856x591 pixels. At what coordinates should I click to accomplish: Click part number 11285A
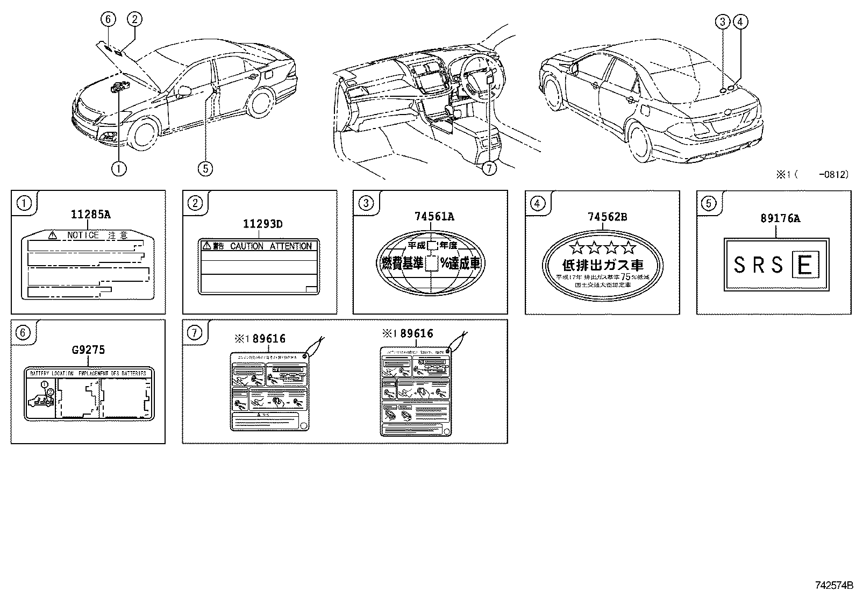(90, 215)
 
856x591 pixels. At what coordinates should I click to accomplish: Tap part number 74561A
(434, 217)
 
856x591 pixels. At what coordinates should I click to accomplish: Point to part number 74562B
(607, 217)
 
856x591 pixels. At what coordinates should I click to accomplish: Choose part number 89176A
(780, 218)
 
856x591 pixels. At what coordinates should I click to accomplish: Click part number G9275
(88, 350)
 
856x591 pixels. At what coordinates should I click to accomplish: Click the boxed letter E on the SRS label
(804, 266)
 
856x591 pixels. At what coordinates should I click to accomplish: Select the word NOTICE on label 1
(83, 236)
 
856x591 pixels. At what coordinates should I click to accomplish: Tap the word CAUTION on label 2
(247, 246)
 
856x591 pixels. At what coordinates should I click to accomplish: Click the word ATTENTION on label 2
(291, 246)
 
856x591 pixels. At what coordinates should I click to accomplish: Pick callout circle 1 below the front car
(119, 168)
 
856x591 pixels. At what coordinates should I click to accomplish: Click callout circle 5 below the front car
(205, 168)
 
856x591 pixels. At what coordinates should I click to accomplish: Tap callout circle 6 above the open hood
(108, 19)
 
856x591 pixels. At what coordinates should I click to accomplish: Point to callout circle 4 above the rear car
(740, 22)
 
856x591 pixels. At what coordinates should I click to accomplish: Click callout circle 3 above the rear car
(723, 22)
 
